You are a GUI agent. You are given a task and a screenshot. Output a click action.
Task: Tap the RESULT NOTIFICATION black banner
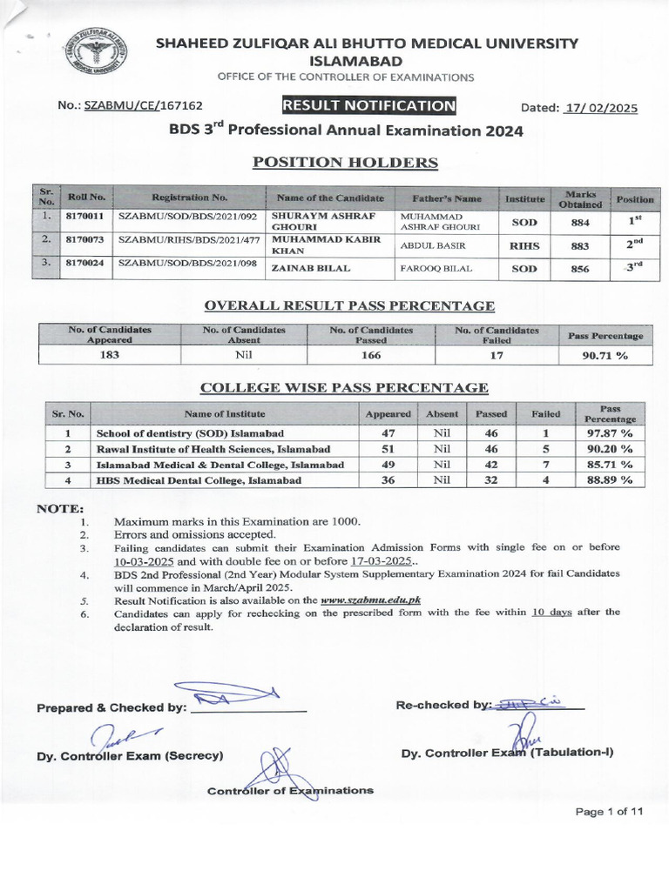pyautogui.click(x=368, y=106)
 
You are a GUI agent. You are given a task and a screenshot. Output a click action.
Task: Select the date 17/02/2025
pyautogui.click(x=601, y=108)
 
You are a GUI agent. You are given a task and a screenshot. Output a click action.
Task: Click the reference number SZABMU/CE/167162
pyautogui.click(x=144, y=105)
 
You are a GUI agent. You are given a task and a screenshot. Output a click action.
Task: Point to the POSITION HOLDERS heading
pyautogui.click(x=345, y=163)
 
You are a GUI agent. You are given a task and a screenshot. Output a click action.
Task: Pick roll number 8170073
pyautogui.click(x=84, y=239)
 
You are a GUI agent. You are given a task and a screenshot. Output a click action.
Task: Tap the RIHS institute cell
pyautogui.click(x=524, y=246)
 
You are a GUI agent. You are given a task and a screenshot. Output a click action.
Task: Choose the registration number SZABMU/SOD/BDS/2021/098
pyautogui.click(x=189, y=264)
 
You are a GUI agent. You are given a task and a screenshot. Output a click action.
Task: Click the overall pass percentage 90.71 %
pyautogui.click(x=605, y=355)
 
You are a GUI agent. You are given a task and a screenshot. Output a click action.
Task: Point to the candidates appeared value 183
pyautogui.click(x=110, y=355)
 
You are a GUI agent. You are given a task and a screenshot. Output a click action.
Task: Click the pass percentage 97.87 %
pyautogui.click(x=609, y=432)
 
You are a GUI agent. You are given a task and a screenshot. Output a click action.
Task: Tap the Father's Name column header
pyautogui.click(x=448, y=198)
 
